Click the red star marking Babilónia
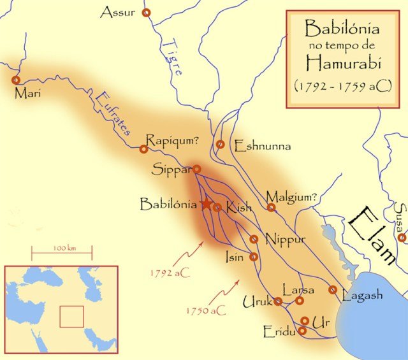207,204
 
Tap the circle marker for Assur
147,13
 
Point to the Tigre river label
170,58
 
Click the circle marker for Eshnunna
221,145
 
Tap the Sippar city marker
197,169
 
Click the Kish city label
239,208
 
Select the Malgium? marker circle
272,207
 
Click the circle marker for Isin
254,257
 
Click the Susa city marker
402,238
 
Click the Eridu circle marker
302,331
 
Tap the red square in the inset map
71,316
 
